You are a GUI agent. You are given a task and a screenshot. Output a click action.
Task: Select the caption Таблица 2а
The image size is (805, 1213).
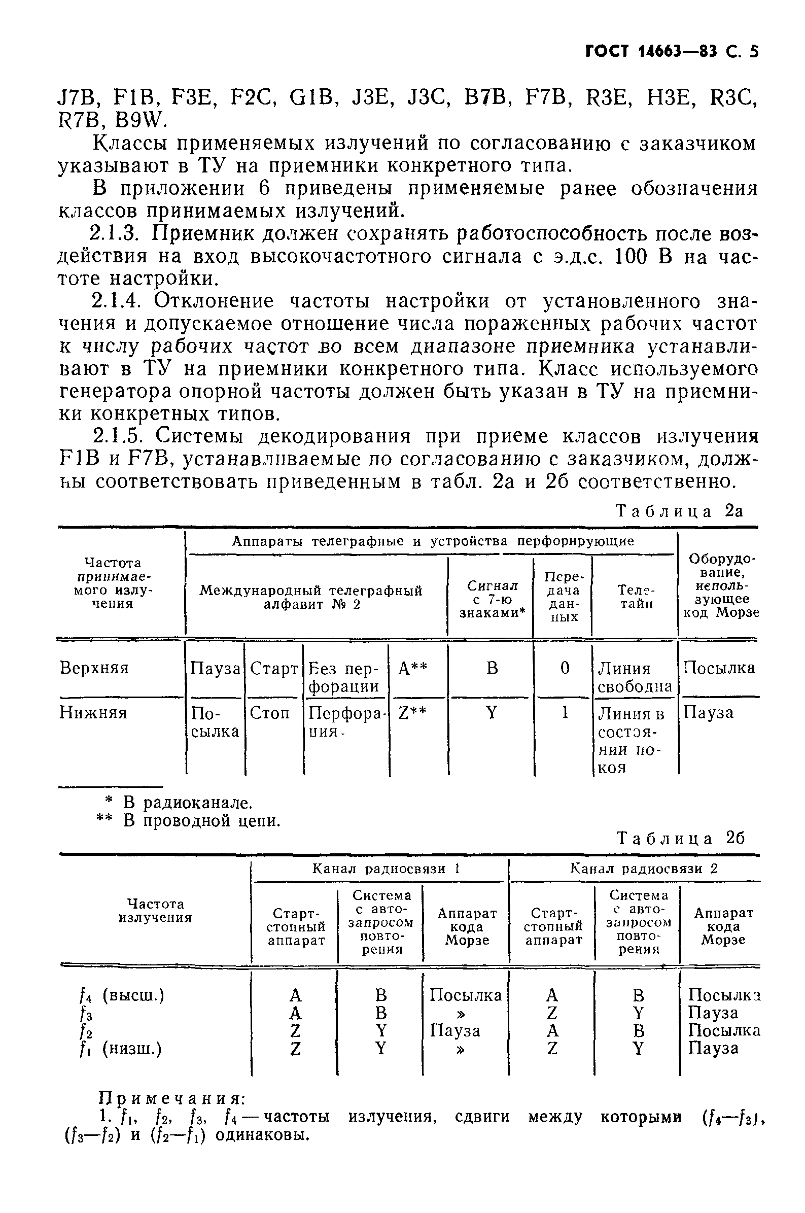[x=679, y=511]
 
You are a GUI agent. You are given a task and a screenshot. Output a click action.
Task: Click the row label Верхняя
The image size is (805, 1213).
[x=94, y=668]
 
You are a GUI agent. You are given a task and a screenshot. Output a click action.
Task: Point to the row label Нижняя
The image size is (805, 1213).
[x=93, y=712]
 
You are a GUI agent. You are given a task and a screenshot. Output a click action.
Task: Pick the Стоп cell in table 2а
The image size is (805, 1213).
[x=269, y=712]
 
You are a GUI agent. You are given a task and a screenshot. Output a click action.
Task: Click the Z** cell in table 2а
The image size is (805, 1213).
[x=412, y=712]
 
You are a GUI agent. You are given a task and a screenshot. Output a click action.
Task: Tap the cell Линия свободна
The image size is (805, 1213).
[x=634, y=677]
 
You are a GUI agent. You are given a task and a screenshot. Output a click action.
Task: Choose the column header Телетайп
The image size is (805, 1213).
[x=636, y=597]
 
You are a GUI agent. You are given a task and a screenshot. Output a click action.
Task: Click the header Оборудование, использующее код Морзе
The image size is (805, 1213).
[x=721, y=585]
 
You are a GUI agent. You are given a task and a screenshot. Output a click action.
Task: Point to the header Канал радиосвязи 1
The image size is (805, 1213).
[x=384, y=869]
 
